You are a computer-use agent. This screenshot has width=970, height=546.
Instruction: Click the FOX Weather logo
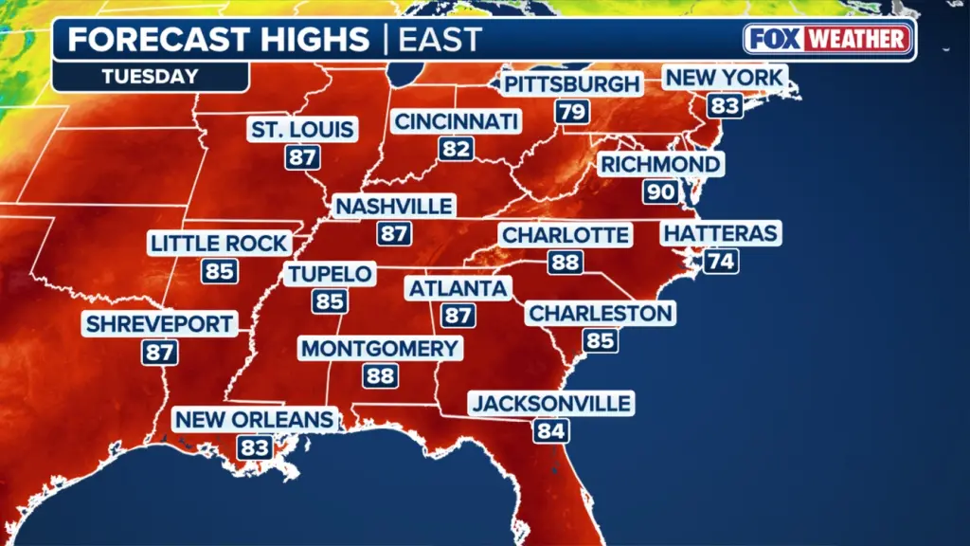[x=828, y=39]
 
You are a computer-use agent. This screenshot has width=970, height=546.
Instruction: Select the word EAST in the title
[x=440, y=40]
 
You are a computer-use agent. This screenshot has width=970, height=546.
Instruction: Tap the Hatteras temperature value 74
[x=721, y=261]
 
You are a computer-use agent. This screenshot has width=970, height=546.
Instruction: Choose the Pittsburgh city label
[x=571, y=84]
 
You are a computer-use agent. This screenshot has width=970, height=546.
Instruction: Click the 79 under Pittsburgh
[x=571, y=112]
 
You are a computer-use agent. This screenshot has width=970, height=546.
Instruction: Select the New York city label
[x=724, y=77]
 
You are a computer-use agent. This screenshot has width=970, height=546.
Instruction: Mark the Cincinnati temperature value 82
[x=455, y=149]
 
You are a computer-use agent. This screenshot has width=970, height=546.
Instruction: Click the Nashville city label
[x=394, y=206]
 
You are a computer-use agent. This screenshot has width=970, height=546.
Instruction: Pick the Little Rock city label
[x=219, y=244]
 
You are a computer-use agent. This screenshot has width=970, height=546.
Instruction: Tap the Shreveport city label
[x=159, y=324]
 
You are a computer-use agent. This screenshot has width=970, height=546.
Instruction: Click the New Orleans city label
[x=256, y=419]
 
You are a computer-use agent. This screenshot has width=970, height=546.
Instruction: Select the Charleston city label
[x=601, y=313]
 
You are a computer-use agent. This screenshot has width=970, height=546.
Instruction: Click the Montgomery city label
[x=379, y=349]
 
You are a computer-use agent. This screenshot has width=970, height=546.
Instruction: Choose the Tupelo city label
[x=330, y=274]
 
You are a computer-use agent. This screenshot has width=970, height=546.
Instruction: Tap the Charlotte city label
[x=566, y=235]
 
